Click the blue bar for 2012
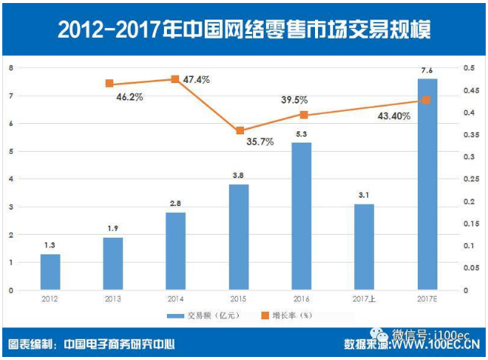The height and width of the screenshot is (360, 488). coord(50,272)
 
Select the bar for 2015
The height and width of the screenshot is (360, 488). coord(239,237)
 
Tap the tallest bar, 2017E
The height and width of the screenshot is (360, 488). coord(427,184)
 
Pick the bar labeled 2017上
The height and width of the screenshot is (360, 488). coord(364,247)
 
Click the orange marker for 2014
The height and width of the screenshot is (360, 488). coord(175,79)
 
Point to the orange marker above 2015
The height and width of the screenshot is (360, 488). coord(239,131)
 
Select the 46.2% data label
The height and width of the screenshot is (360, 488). coord(128,97)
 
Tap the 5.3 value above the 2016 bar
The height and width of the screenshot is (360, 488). coord(301,134)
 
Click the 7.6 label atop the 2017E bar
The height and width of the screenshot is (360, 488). coord(427,71)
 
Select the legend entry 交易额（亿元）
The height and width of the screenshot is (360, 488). coord(196,315)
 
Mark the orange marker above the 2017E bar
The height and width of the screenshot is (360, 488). coord(426,100)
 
